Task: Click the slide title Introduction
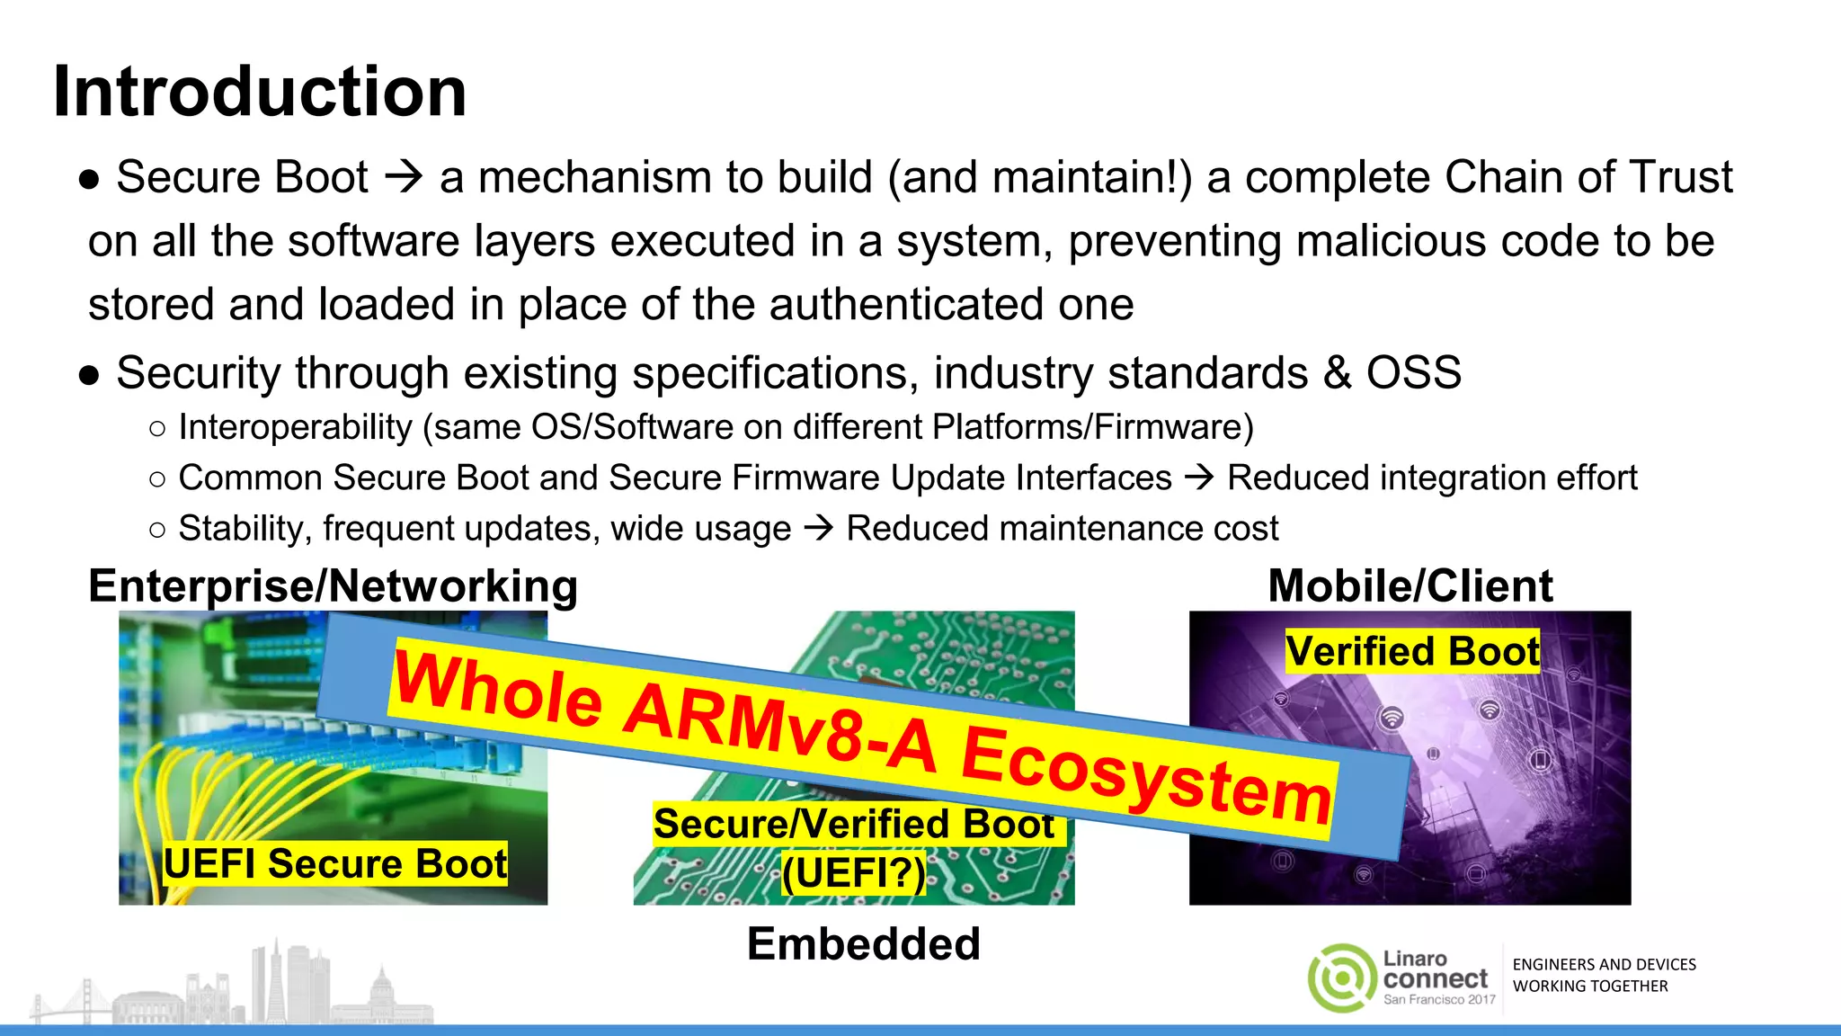coord(260,92)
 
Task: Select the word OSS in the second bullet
coord(1413,372)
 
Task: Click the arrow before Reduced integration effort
coord(1199,478)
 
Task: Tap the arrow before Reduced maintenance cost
coord(819,528)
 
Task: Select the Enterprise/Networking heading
coord(333,586)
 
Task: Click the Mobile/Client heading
coord(1410,586)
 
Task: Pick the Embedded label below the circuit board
coord(863,944)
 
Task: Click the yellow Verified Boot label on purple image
coord(1412,651)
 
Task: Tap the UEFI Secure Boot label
coord(335,863)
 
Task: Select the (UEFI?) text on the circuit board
coord(853,872)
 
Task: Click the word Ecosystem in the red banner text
coord(1145,774)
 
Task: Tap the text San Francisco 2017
coord(1439,999)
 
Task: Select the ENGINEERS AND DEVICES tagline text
coord(1604,965)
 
